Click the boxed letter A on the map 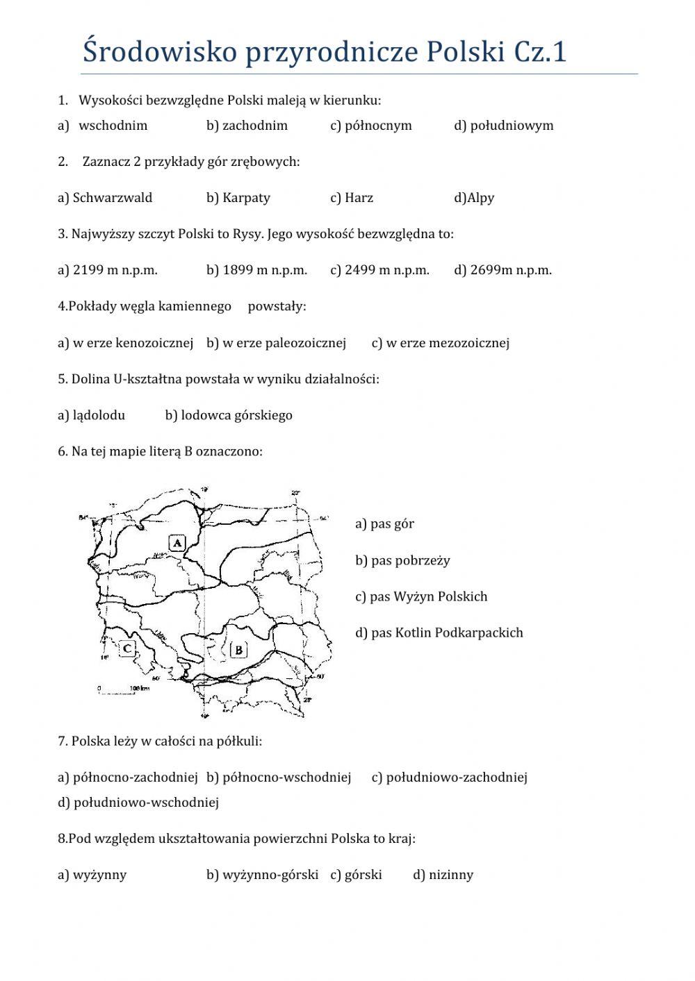(x=177, y=542)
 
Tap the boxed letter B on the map (x=238, y=650)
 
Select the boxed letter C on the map (x=127, y=649)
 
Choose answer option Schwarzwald (x=112, y=198)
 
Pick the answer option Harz (x=358, y=198)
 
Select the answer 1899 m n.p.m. (x=264, y=270)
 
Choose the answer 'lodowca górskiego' (x=236, y=415)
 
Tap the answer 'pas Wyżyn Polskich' (x=429, y=596)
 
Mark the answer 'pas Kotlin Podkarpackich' (x=446, y=632)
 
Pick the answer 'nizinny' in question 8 (x=450, y=875)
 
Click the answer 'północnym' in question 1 (x=378, y=126)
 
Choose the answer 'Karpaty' (x=245, y=198)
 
